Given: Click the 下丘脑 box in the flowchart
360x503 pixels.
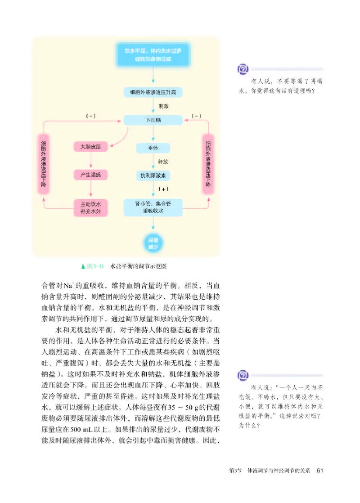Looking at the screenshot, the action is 153,121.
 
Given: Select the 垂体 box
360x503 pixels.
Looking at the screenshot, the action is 153,148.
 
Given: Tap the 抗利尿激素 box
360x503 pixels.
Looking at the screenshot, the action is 153,176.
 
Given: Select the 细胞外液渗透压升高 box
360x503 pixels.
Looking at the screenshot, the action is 153,93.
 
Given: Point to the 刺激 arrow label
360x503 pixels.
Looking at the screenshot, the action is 163,107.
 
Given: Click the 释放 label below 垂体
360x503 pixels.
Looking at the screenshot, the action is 163,161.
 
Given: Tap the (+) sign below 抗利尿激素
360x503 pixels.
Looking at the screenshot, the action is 163,189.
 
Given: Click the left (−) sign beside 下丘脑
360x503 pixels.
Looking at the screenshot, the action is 91,116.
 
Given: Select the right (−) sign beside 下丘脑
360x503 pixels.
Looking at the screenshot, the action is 196,116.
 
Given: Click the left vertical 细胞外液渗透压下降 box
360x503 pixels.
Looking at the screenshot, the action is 43,164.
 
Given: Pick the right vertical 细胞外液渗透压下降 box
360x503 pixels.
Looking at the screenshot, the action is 208,164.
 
